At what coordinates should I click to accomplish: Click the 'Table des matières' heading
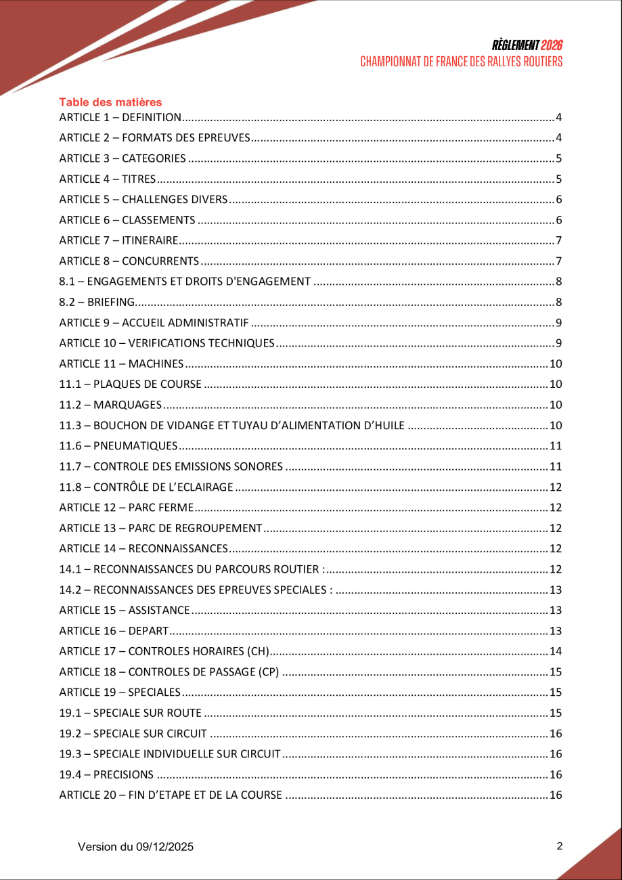tap(110, 102)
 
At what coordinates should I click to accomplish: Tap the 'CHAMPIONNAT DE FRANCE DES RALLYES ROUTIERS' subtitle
tap(462, 62)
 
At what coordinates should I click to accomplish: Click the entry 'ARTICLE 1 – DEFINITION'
tap(120, 118)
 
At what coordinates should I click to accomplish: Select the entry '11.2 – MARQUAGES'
tap(110, 405)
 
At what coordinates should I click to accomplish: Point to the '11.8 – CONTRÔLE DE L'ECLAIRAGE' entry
tap(146, 487)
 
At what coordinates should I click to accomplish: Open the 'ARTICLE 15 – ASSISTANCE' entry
tap(125, 611)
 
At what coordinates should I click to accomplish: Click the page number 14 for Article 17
tap(556, 652)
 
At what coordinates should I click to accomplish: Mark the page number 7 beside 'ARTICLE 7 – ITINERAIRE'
tap(559, 241)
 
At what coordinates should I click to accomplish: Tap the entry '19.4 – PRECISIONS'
tap(106, 775)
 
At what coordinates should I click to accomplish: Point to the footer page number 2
tap(559, 846)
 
